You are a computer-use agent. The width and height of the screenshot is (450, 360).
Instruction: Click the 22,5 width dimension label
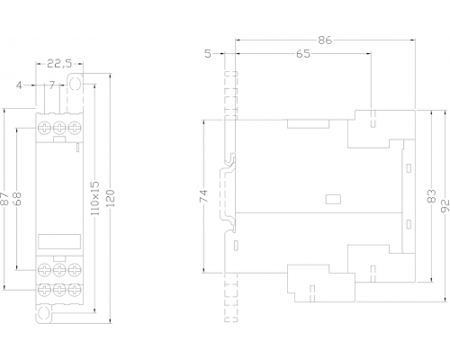click(x=59, y=64)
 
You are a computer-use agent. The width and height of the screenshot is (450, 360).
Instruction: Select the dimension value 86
click(x=325, y=40)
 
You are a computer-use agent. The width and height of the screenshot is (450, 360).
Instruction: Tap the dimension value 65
click(x=303, y=54)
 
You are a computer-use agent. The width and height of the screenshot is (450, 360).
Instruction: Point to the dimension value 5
click(x=208, y=54)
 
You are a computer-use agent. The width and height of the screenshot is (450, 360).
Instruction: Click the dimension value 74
click(x=203, y=196)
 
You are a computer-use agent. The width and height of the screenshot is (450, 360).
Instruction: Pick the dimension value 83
click(x=431, y=196)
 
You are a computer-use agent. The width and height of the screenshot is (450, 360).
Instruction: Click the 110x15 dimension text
click(x=94, y=198)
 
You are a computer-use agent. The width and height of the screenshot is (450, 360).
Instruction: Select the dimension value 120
click(x=111, y=198)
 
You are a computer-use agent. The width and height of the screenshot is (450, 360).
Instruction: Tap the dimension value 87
click(x=4, y=199)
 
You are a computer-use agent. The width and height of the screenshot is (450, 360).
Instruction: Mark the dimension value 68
click(x=17, y=199)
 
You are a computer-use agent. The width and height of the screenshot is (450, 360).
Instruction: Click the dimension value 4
click(x=19, y=85)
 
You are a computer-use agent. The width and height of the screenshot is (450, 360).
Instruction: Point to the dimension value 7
click(x=52, y=85)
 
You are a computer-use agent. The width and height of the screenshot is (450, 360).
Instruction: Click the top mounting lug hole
click(x=75, y=84)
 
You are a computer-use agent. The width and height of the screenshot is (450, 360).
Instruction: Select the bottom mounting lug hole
click(x=43, y=313)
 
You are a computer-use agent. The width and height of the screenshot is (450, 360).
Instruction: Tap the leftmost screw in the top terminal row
click(x=44, y=128)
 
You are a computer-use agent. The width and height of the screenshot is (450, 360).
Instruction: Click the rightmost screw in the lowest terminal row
click(x=75, y=290)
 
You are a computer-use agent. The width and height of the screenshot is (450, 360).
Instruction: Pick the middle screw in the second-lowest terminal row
click(x=59, y=270)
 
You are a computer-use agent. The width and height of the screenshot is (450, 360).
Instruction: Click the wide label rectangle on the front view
click(x=59, y=241)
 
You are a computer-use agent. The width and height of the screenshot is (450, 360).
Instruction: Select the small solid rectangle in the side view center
click(x=333, y=199)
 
